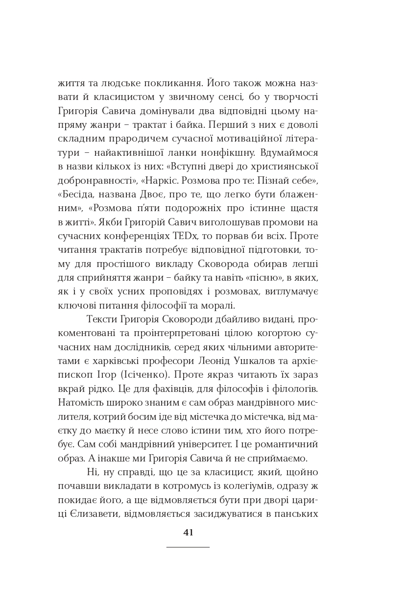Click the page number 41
[x=188, y=533]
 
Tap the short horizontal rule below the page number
[x=188, y=547]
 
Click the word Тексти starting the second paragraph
[x=102, y=319]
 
